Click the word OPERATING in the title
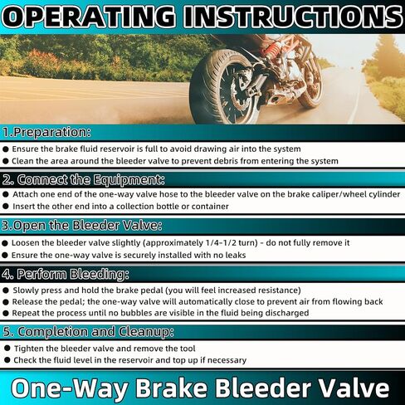pos(89,17)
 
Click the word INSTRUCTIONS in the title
pos(293,17)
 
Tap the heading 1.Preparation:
pos(46,132)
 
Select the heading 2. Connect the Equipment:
pos(83,180)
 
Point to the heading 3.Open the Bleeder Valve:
pos(81,226)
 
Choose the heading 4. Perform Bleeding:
pos(66,274)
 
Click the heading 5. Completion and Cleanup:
pos(88,332)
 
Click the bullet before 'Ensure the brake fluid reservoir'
pos(6,149)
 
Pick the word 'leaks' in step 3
pos(235,255)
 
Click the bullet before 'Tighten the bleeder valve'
pos(7,349)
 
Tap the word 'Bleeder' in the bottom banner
pos(262,388)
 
